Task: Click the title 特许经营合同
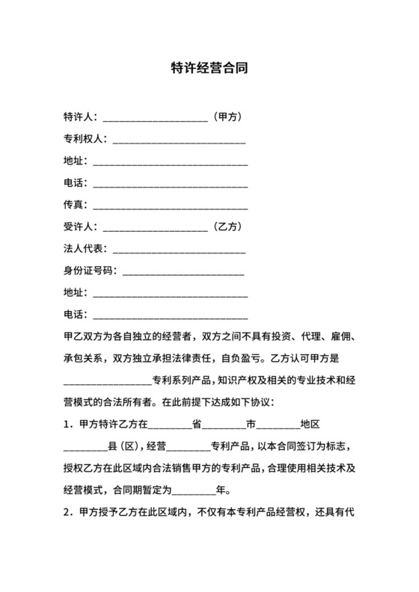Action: (x=209, y=69)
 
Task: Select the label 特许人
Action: (x=78, y=117)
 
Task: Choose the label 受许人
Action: (x=78, y=226)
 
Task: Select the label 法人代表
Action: (x=83, y=248)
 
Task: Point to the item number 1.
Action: (x=67, y=425)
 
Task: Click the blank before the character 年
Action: (x=193, y=493)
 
